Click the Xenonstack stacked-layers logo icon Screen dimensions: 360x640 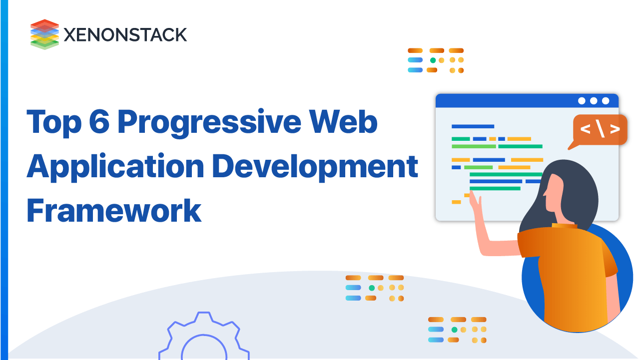click(x=44, y=34)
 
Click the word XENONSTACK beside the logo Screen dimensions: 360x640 click(x=125, y=34)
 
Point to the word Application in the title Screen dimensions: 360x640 click(x=115, y=167)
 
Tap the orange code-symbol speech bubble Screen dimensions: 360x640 click(x=600, y=130)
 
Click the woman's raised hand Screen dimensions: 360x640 click(x=475, y=204)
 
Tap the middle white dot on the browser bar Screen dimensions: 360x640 click(x=594, y=101)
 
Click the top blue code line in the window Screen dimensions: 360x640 click(x=473, y=126)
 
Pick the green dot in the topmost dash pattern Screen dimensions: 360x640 click(x=433, y=60)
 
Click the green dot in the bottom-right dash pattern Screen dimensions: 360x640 click(x=454, y=330)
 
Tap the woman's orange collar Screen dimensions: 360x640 click(x=565, y=226)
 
